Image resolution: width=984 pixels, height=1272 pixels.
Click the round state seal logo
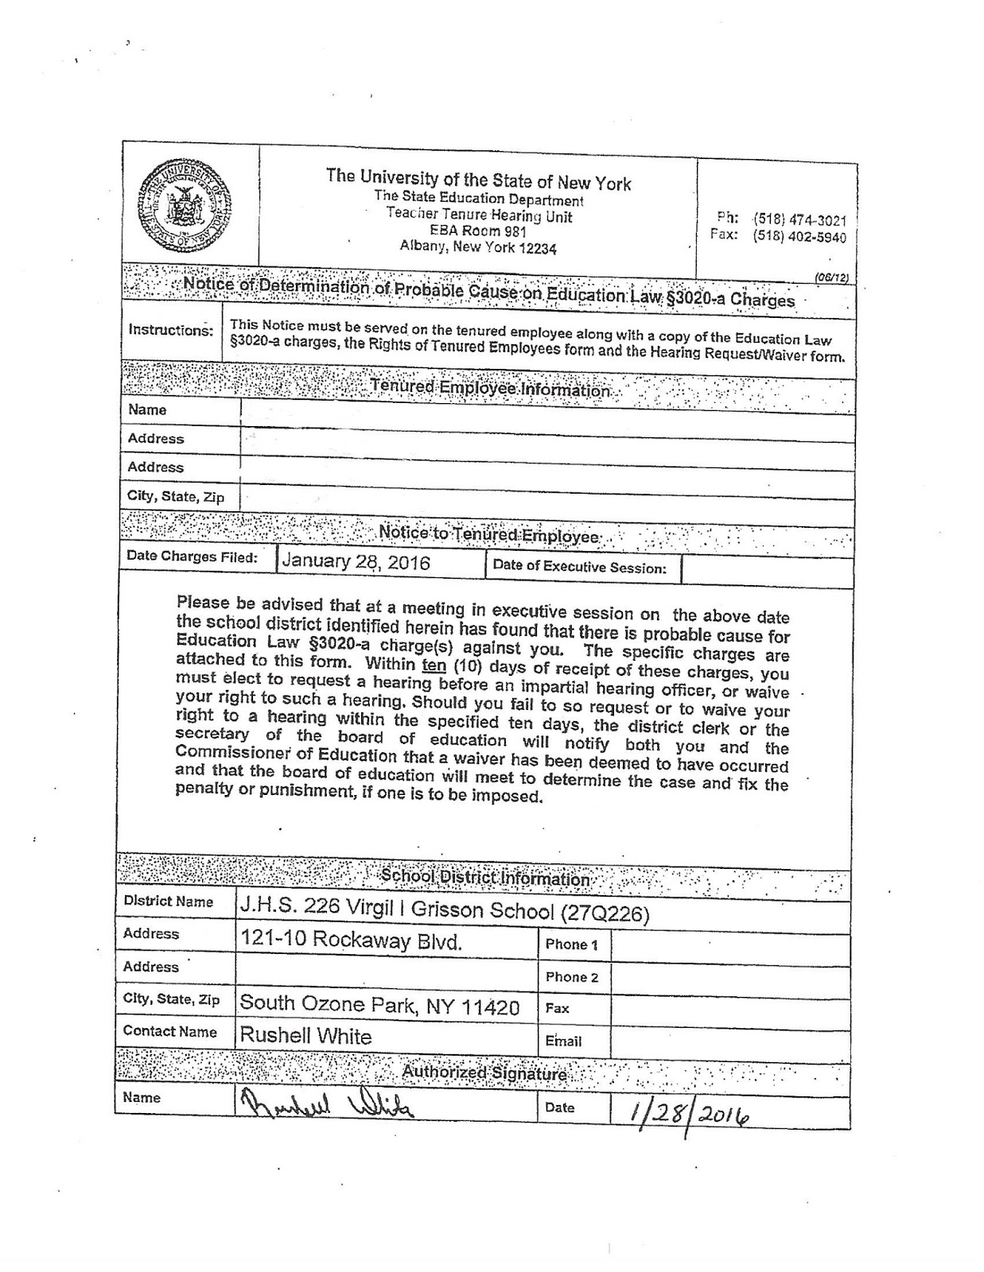pyautogui.click(x=185, y=204)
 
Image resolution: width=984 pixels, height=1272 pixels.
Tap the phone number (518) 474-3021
pyautogui.click(x=799, y=220)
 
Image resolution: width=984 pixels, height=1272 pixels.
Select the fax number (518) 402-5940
pyautogui.click(x=799, y=237)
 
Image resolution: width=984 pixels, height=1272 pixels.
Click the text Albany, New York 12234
pyautogui.click(x=478, y=247)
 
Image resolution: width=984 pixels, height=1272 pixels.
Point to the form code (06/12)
pyautogui.click(x=831, y=277)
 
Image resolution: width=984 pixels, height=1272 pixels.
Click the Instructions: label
pyautogui.click(x=170, y=330)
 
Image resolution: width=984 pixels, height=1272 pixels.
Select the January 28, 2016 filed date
pyautogui.click(x=356, y=563)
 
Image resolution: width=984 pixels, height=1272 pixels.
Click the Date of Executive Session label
pyautogui.click(x=580, y=567)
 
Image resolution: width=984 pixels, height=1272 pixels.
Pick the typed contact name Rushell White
pyautogui.click(x=305, y=1036)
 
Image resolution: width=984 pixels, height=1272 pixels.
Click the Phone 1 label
pyautogui.click(x=571, y=944)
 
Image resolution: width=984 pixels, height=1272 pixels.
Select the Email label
pyautogui.click(x=563, y=1041)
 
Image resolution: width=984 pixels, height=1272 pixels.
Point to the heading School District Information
pyautogui.click(x=484, y=878)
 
